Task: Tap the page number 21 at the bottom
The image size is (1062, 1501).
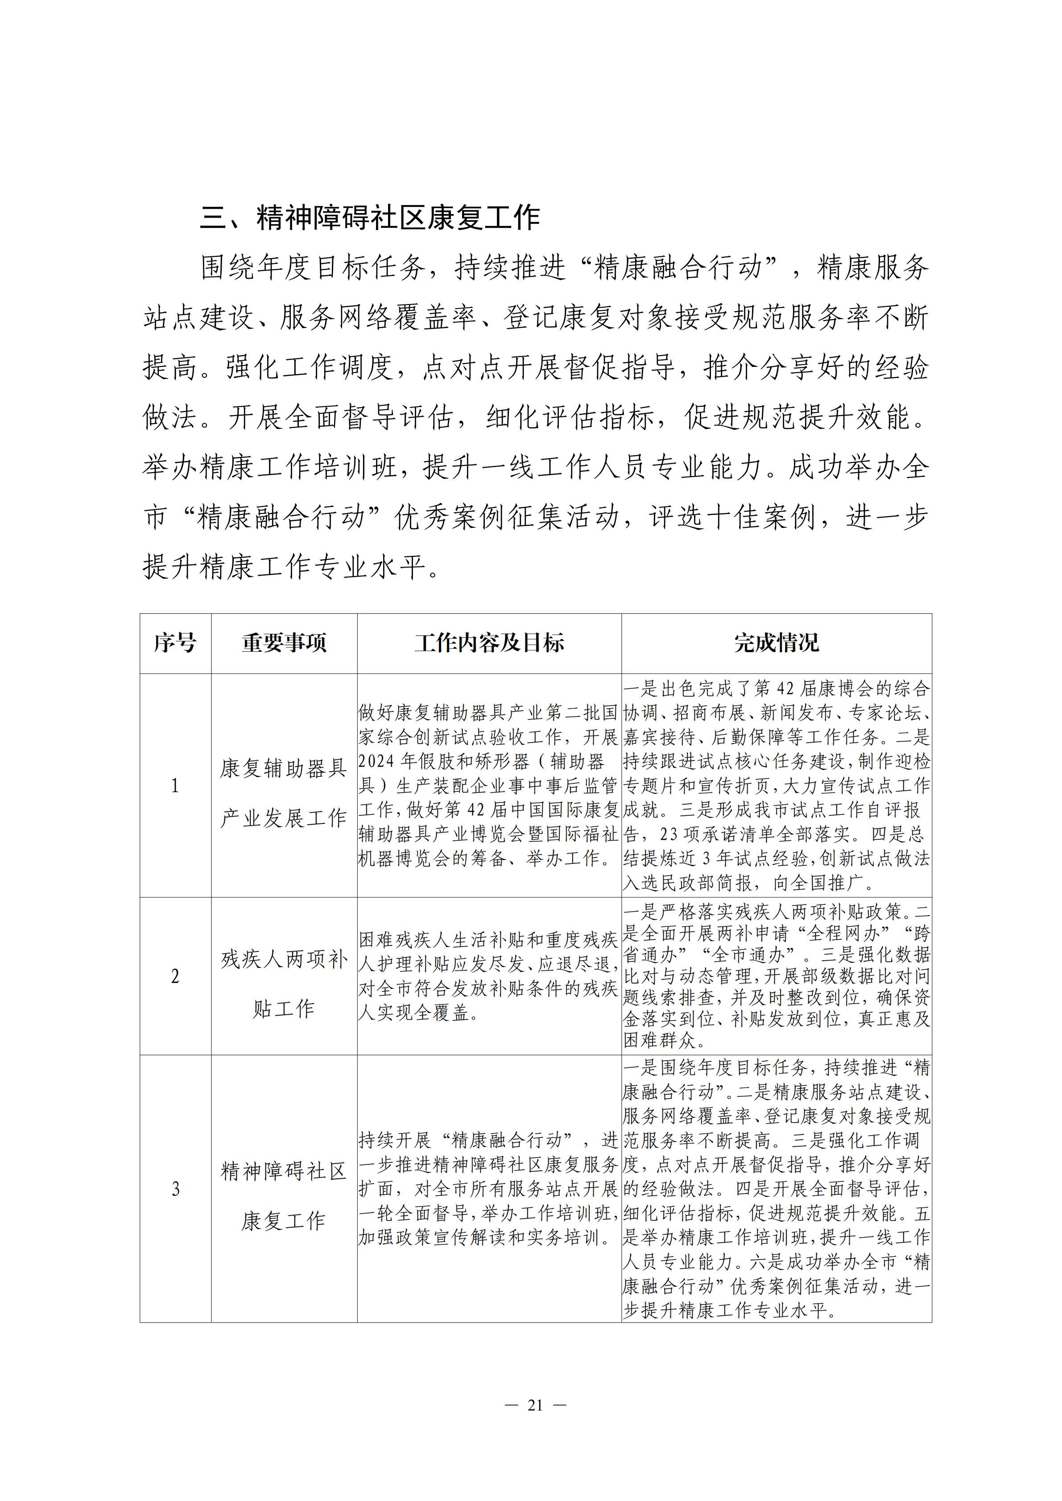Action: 535,1405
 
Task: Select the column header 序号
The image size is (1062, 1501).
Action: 175,643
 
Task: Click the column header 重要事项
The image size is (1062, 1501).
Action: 284,643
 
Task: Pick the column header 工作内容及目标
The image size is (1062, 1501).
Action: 489,643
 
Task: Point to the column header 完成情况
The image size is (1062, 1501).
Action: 776,643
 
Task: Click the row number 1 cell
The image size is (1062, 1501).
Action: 175,785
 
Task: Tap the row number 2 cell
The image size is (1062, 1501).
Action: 175,976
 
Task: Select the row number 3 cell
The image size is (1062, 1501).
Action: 175,1188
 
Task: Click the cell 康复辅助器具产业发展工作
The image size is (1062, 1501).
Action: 284,792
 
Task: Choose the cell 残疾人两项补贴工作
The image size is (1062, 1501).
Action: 284,984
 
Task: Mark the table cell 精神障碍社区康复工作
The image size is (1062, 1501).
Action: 284,1196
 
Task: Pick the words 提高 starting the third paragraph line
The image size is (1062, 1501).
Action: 171,367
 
